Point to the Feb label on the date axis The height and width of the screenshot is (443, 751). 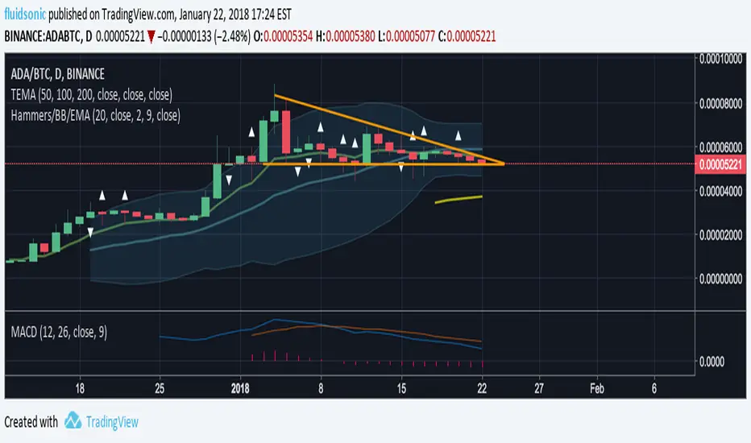click(x=596, y=387)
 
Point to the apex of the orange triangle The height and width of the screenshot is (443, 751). click(x=504, y=164)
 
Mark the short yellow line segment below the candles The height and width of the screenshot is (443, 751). click(x=458, y=199)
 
